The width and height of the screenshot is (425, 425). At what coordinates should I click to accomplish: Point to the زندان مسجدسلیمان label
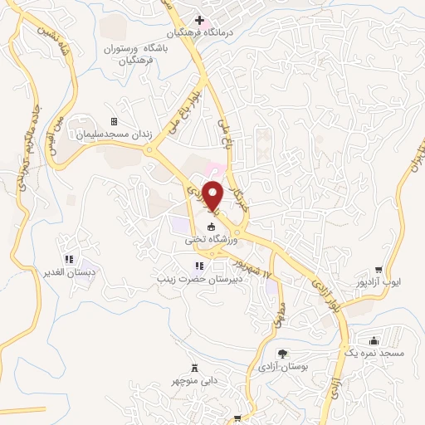pyautogui.click(x=114, y=134)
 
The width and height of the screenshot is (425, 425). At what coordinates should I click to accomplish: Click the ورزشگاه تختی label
pyautogui.click(x=212, y=239)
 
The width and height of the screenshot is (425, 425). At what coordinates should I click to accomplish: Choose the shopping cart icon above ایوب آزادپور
pyautogui.click(x=379, y=269)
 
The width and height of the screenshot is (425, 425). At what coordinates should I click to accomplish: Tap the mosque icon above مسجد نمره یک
pyautogui.click(x=374, y=340)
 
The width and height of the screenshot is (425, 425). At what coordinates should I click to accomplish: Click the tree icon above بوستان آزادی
pyautogui.click(x=284, y=354)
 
